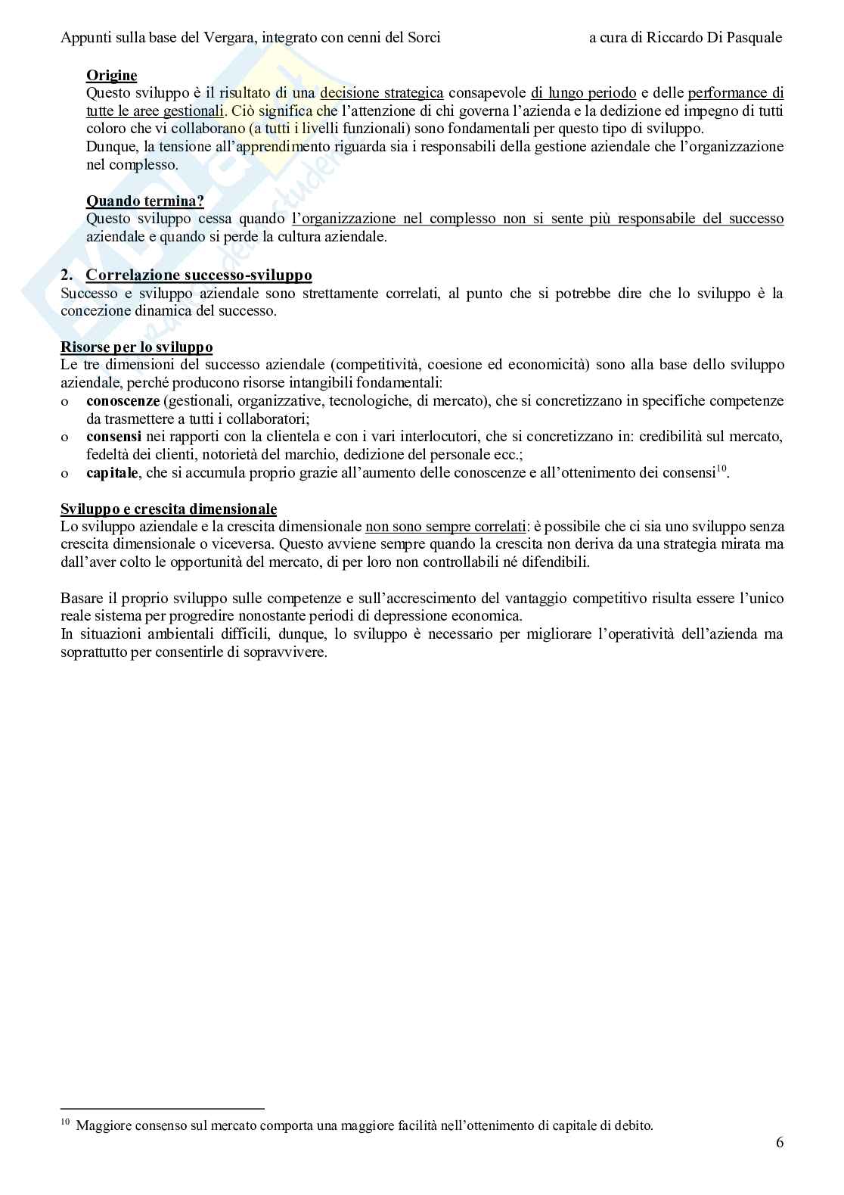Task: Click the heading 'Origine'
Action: (x=111, y=75)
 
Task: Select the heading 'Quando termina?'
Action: (x=145, y=201)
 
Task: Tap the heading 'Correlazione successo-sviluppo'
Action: (x=199, y=275)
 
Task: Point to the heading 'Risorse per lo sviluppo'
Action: (x=136, y=347)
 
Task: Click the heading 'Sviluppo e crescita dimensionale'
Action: (x=169, y=509)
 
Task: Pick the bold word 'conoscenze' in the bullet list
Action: (x=123, y=400)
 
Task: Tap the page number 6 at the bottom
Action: (x=779, y=1143)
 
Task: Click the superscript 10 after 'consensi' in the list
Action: (x=721, y=469)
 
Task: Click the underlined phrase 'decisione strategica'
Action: (x=382, y=93)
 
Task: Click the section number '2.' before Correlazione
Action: (x=67, y=275)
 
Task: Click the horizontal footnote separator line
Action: (x=163, y=1109)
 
